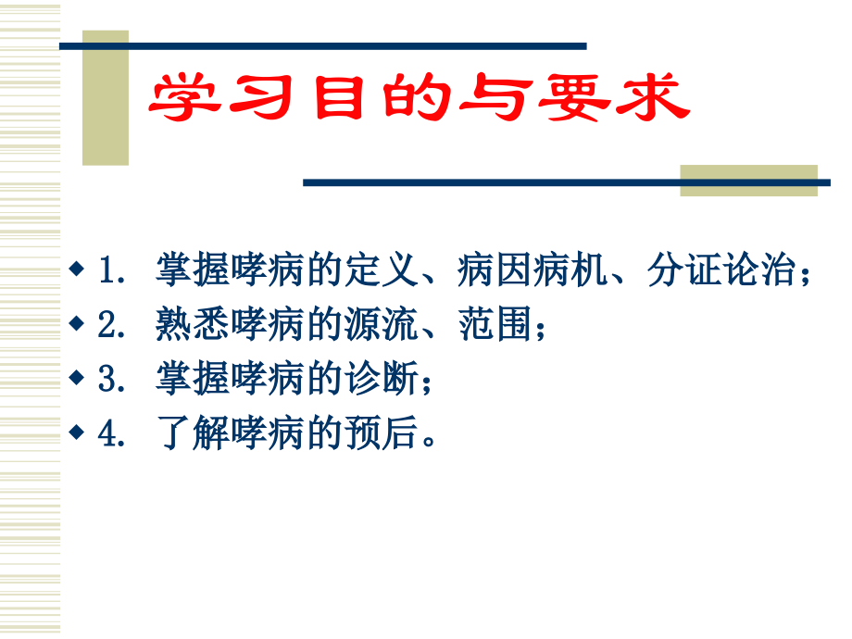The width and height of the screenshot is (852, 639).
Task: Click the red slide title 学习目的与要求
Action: click(x=419, y=97)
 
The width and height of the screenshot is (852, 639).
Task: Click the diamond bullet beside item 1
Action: click(x=77, y=268)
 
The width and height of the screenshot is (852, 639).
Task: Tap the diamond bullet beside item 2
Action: click(x=77, y=323)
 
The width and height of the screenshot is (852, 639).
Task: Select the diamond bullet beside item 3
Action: click(x=77, y=377)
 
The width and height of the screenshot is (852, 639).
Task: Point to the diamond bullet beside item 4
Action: click(x=77, y=432)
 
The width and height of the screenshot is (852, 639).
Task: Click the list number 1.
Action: click(x=111, y=270)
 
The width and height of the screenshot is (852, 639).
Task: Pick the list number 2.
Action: click(x=111, y=324)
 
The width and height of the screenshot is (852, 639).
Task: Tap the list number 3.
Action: click(x=111, y=379)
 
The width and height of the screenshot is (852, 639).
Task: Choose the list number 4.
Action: click(x=111, y=433)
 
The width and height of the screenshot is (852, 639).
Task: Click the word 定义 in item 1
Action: click(x=382, y=269)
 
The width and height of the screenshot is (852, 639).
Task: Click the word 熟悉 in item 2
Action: click(x=193, y=324)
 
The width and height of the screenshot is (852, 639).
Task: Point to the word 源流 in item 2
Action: click(x=382, y=324)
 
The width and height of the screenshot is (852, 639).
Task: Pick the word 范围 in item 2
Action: click(x=495, y=324)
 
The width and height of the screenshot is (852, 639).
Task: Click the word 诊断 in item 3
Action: click(x=382, y=378)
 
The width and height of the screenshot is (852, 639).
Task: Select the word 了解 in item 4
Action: click(x=193, y=433)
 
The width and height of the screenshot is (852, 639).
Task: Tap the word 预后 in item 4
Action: click(x=382, y=433)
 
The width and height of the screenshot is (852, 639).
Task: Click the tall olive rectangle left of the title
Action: click(x=106, y=98)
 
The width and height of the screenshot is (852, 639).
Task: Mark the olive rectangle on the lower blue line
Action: click(x=749, y=181)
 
